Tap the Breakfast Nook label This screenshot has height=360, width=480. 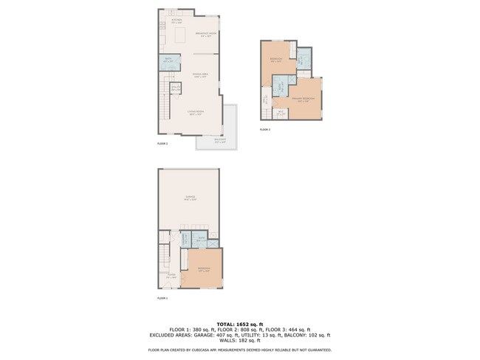(x=206, y=35)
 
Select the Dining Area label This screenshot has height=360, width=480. (x=200, y=75)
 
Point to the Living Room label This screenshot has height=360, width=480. (x=194, y=114)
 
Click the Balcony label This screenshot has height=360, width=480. (x=220, y=140)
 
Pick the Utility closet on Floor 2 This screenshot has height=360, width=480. (x=176, y=90)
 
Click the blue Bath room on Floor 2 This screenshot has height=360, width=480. (x=166, y=62)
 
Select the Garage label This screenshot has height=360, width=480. (x=190, y=198)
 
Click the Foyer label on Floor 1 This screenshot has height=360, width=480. (x=171, y=274)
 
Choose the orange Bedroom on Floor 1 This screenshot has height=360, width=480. (x=205, y=269)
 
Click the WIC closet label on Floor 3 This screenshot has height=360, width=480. (x=281, y=114)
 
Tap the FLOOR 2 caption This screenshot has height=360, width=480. (x=163, y=144)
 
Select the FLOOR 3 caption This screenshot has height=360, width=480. (x=265, y=130)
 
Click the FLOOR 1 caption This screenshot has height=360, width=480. (x=163, y=298)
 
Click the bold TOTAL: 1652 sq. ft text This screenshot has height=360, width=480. (x=240, y=324)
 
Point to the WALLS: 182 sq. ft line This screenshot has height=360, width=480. (x=240, y=342)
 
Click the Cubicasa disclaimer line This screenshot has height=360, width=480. (x=240, y=350)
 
